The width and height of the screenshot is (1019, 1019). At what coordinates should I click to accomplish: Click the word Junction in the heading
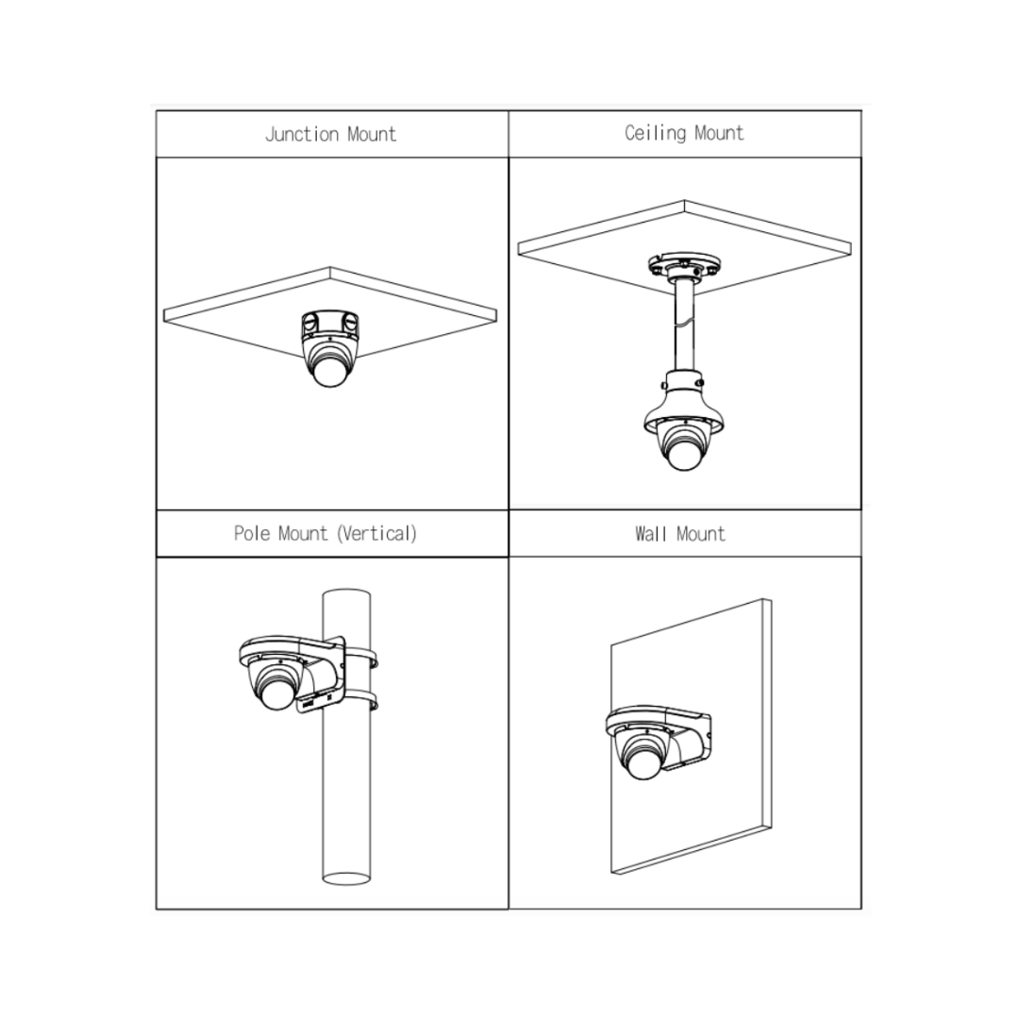pyautogui.click(x=302, y=134)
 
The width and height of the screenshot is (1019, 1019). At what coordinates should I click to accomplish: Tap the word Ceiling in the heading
pyautogui.click(x=655, y=133)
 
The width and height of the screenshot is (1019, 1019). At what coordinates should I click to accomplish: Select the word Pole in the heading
pyautogui.click(x=252, y=533)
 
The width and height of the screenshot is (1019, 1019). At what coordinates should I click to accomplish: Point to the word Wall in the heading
pyautogui.click(x=652, y=534)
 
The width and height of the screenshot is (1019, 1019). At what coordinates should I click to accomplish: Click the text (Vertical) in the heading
pyautogui.click(x=376, y=533)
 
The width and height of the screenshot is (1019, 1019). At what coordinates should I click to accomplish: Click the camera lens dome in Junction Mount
pyautogui.click(x=330, y=371)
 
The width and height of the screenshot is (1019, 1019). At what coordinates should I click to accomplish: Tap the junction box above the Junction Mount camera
pyautogui.click(x=329, y=326)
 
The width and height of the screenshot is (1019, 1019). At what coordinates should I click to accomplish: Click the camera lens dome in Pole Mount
pyautogui.click(x=276, y=693)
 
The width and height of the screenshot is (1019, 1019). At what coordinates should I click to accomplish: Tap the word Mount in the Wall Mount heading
pyautogui.click(x=701, y=534)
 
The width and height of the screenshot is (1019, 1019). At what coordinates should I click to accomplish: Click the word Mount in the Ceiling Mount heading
pyautogui.click(x=719, y=133)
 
